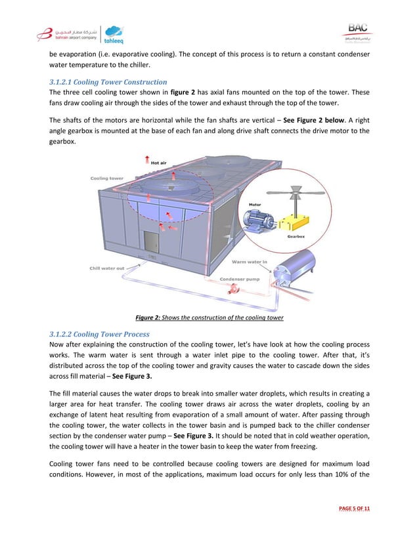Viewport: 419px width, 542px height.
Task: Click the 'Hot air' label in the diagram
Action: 158,163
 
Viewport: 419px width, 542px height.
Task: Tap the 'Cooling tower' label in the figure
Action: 106,178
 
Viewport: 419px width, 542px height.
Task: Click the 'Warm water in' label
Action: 250,262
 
